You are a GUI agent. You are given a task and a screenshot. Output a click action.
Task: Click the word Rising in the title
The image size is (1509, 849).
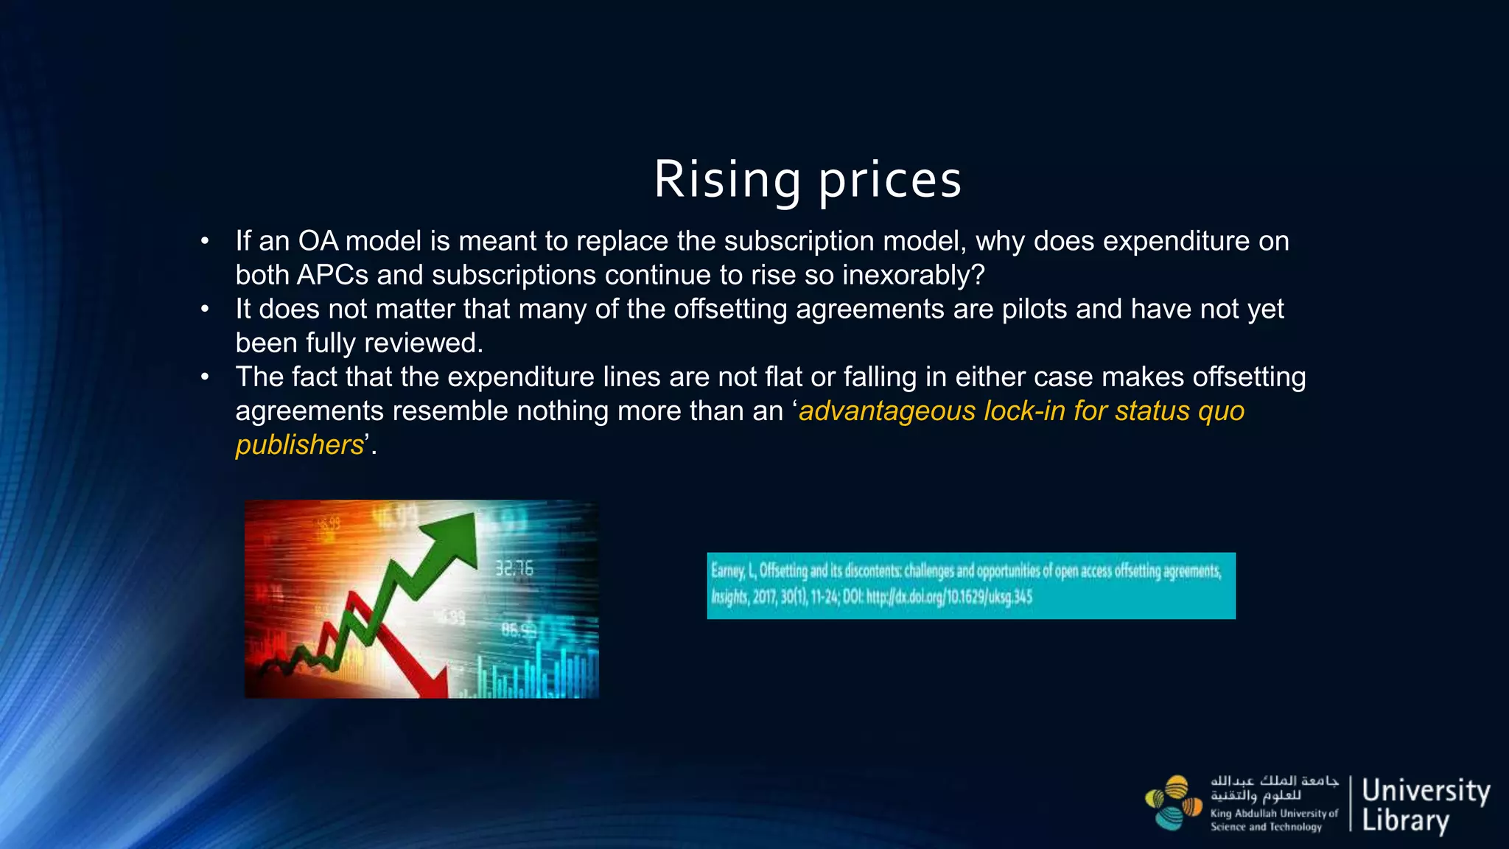click(727, 180)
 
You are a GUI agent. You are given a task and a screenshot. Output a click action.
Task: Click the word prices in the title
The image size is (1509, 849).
click(890, 180)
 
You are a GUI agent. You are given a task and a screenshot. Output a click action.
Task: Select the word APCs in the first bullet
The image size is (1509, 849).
click(332, 275)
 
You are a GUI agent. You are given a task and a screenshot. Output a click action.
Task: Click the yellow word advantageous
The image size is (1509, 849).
click(887, 410)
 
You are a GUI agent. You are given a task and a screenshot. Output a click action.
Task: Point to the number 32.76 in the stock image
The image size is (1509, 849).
click(514, 568)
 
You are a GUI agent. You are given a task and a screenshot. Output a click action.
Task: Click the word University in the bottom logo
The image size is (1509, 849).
click(1425, 791)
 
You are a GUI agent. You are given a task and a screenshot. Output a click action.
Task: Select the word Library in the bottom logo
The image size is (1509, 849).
click(1405, 820)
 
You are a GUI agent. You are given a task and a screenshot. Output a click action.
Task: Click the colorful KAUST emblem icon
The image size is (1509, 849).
click(1173, 803)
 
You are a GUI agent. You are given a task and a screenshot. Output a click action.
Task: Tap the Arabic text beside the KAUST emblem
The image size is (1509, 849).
click(1273, 788)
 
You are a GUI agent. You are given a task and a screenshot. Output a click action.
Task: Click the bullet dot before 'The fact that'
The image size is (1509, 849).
click(206, 377)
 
